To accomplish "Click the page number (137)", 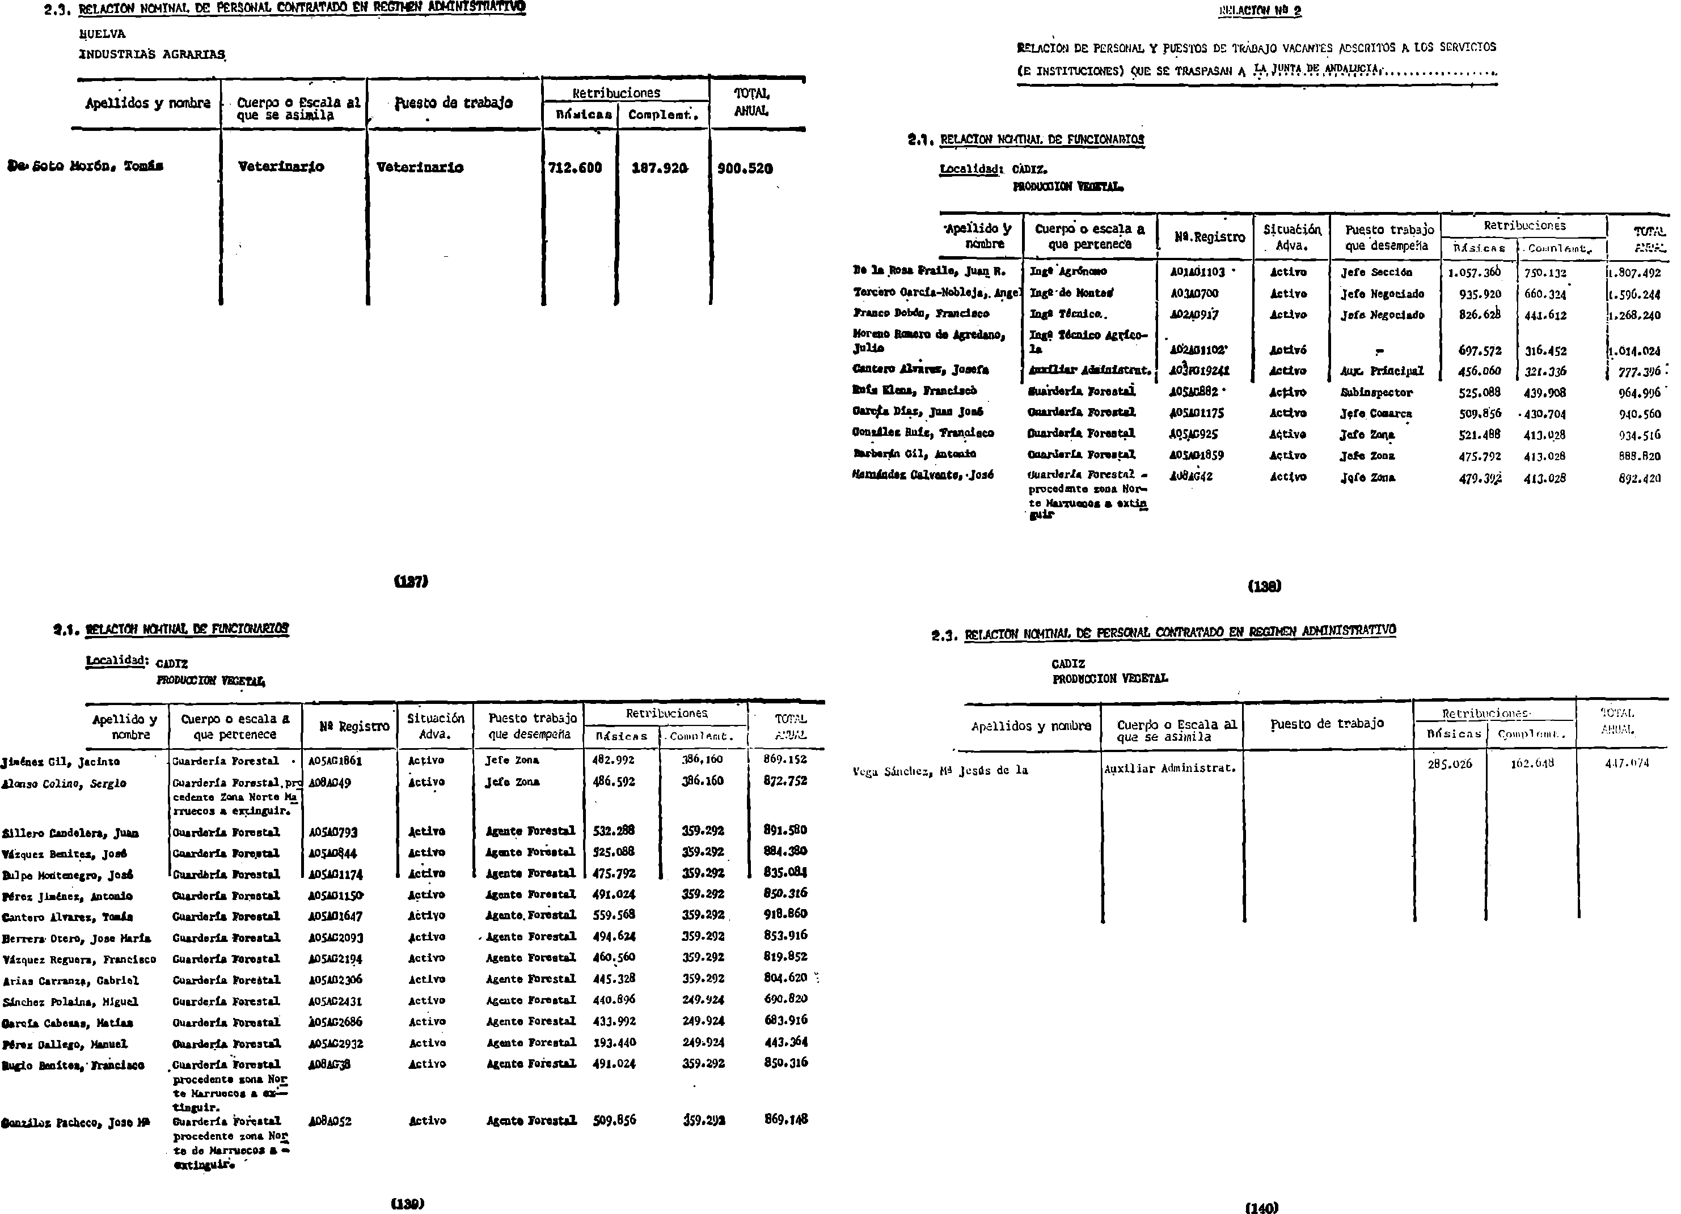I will coord(411,581).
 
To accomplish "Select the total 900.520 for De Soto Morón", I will coord(745,169).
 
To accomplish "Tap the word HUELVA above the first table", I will coord(102,34).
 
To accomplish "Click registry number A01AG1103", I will coord(1198,272).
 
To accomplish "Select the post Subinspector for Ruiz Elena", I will coord(1376,393).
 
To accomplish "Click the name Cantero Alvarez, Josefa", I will coord(920,370).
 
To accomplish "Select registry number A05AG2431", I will coord(336,1001).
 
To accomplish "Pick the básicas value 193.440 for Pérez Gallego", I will coord(614,1042).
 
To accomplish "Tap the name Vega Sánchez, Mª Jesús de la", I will coord(940,770).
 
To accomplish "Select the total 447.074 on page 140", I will coord(1627,763).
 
